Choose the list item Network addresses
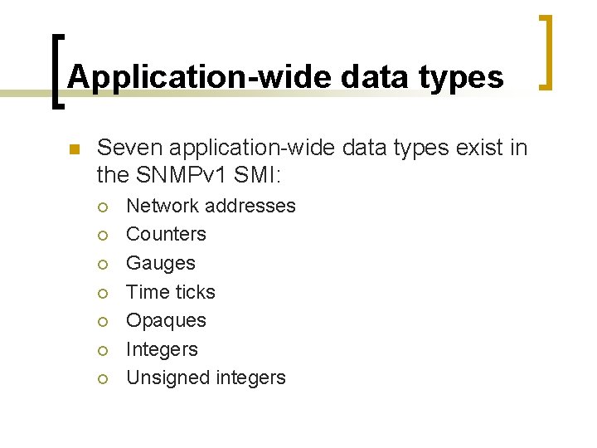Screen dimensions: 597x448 click(x=211, y=206)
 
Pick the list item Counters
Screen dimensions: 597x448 click(x=166, y=234)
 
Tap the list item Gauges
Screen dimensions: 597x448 click(x=160, y=263)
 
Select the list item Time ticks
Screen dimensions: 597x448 click(x=170, y=292)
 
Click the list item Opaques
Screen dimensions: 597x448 click(x=166, y=320)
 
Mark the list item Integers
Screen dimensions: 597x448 click(x=162, y=349)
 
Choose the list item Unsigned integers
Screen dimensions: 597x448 click(x=206, y=377)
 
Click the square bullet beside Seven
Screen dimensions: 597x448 click(x=73, y=150)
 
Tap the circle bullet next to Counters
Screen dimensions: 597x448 click(x=103, y=236)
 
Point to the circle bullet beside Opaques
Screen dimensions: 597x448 click(x=103, y=322)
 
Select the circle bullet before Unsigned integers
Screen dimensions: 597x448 click(x=103, y=379)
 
